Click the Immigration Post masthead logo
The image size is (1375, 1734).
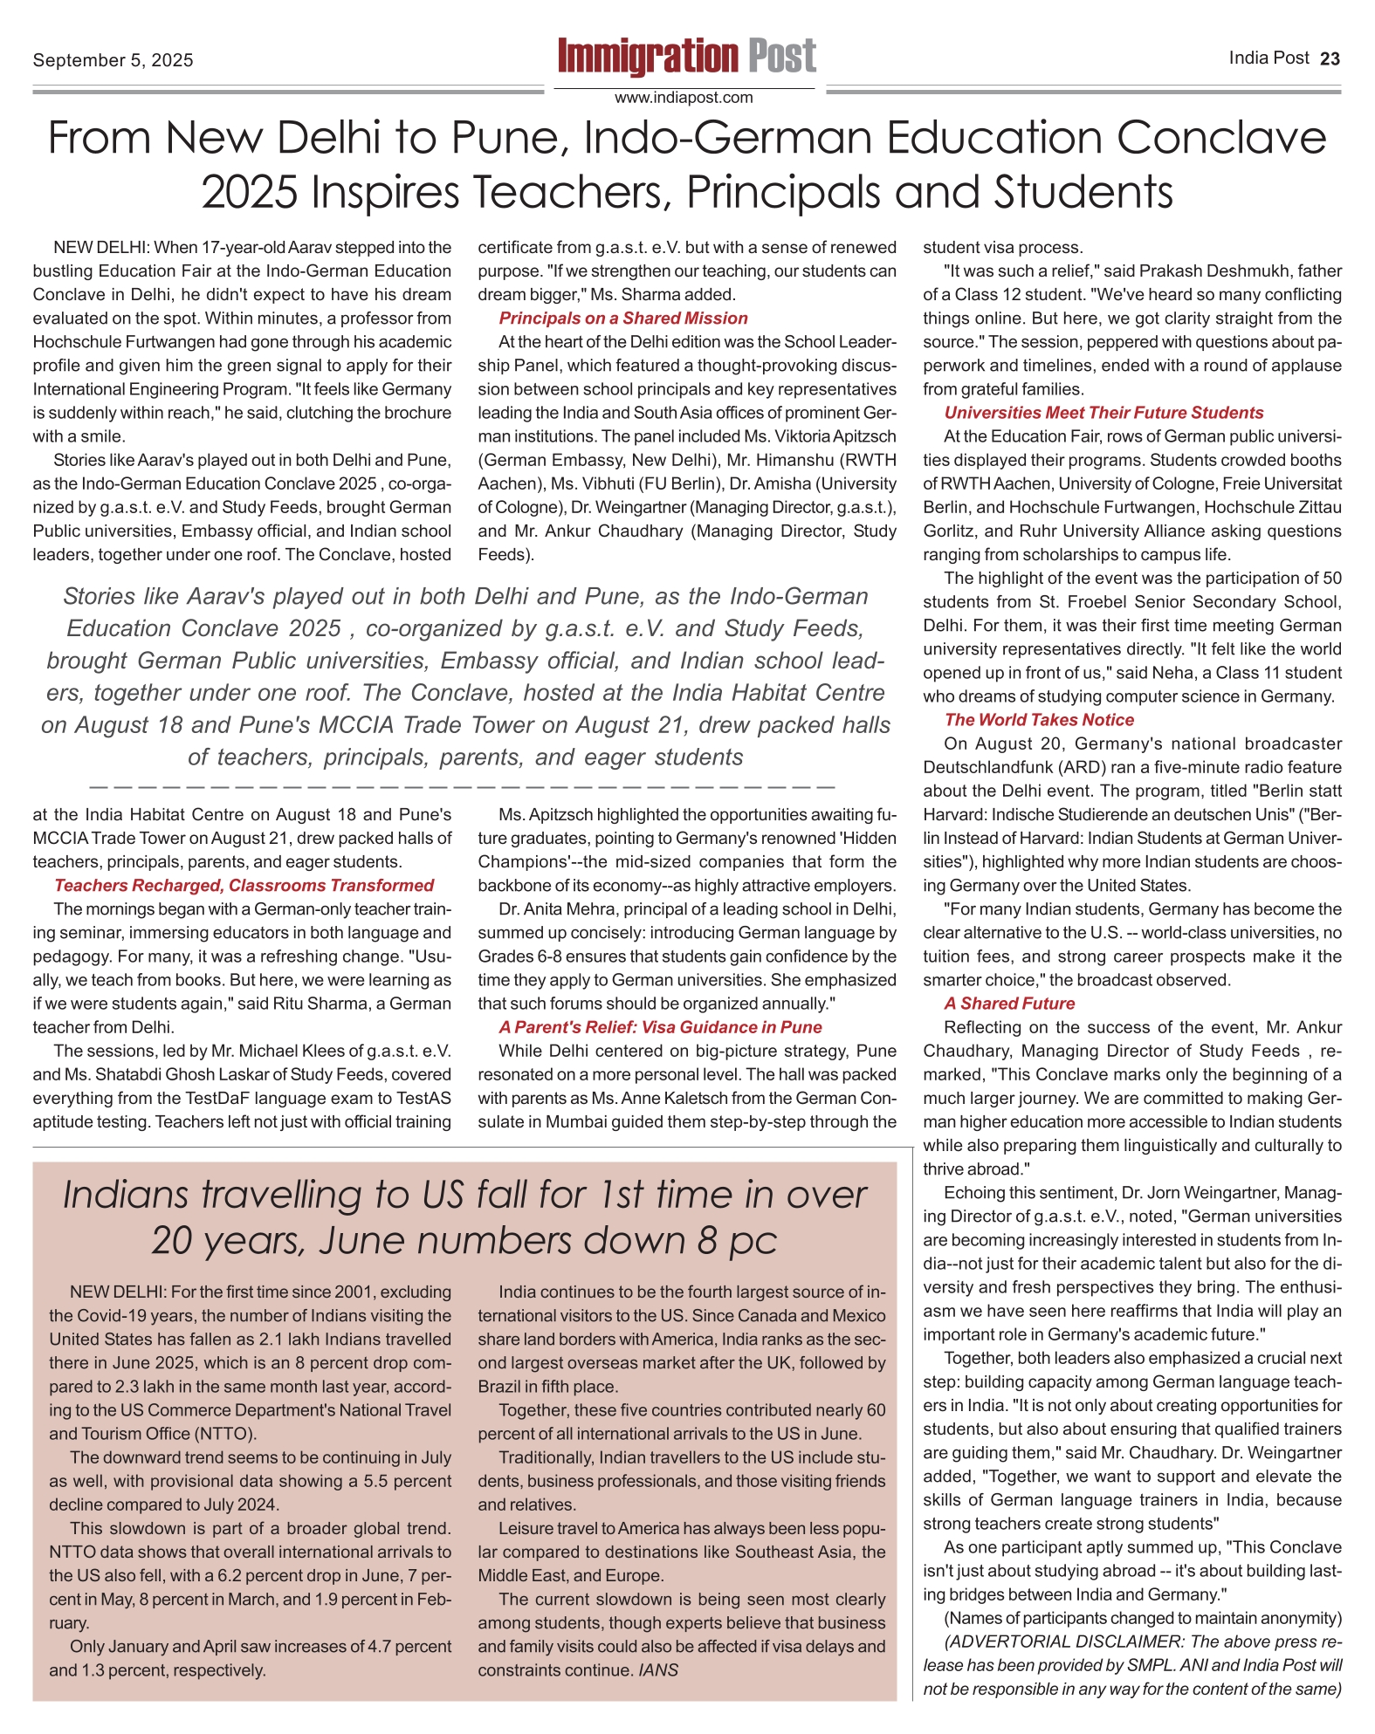point(687,57)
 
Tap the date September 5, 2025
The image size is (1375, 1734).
point(113,60)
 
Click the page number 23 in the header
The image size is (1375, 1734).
point(1330,58)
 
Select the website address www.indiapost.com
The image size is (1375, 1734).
point(684,98)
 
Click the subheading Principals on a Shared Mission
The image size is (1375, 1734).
point(623,319)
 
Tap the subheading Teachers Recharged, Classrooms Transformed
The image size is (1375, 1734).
point(244,886)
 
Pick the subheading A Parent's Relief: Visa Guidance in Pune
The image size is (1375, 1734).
point(660,1027)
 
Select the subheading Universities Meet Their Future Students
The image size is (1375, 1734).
point(1103,413)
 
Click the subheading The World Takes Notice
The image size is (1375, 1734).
point(1039,720)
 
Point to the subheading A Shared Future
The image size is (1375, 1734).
point(1008,1004)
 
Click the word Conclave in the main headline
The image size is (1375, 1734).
point(1220,138)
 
